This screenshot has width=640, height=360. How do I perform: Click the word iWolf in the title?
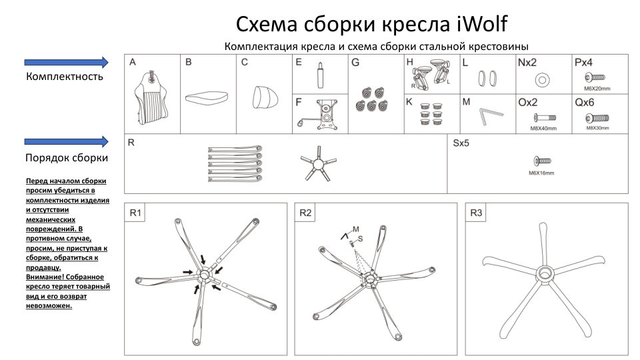pyautogui.click(x=481, y=24)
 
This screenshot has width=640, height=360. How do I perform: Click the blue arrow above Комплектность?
pyautogui.click(x=66, y=62)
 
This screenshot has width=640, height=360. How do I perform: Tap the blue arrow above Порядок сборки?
pyautogui.click(x=66, y=141)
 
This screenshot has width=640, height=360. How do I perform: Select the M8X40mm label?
pyautogui.click(x=543, y=128)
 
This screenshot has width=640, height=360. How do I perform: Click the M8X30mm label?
pyautogui.click(x=598, y=128)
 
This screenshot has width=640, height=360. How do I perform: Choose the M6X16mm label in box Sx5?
pyautogui.click(x=541, y=173)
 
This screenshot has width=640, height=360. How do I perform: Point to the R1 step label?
pyautogui.click(x=135, y=213)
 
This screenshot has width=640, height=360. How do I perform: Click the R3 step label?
pyautogui.click(x=476, y=213)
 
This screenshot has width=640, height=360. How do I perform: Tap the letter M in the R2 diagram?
pyautogui.click(x=356, y=229)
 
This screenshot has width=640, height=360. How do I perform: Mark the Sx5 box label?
pyautogui.click(x=461, y=143)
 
